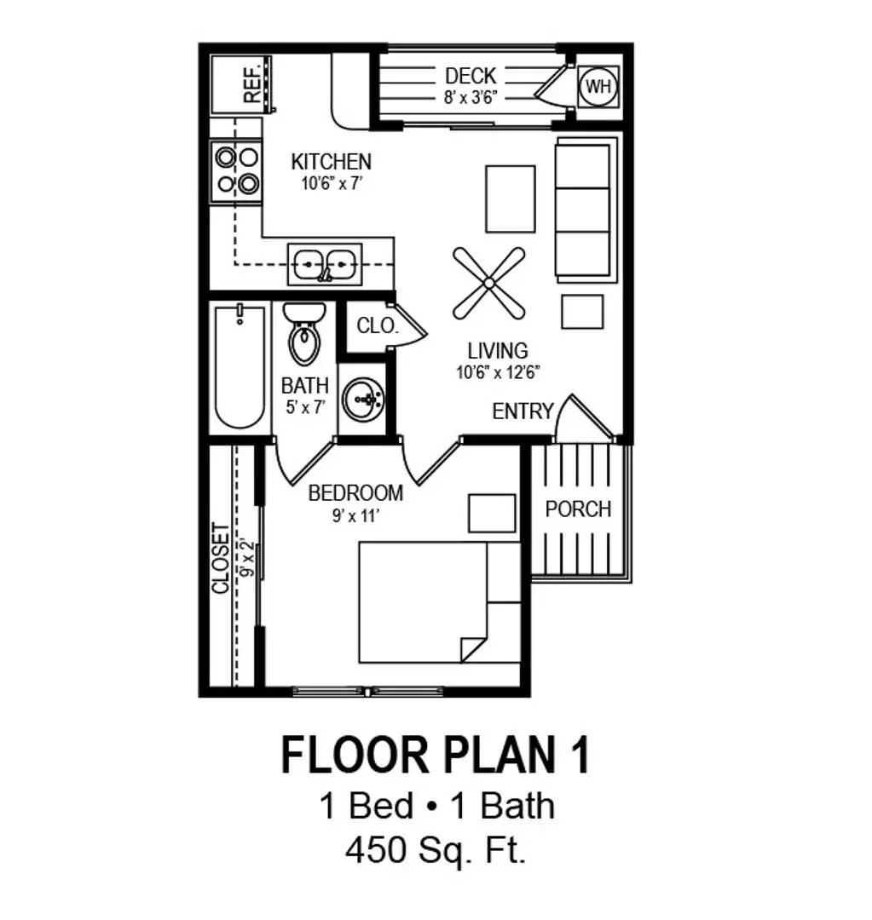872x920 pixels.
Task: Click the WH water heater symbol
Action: [x=598, y=85]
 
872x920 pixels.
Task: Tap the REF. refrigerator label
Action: [x=252, y=83]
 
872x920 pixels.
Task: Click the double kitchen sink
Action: [x=324, y=264]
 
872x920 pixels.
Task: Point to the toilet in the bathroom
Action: [x=304, y=335]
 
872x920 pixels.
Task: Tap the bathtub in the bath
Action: [x=240, y=367]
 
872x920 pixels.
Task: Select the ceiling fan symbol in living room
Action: [x=488, y=283]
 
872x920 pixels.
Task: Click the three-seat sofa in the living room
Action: [x=583, y=210]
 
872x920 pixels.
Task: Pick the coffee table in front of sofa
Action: [x=511, y=198]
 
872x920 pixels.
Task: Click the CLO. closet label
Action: [x=376, y=325]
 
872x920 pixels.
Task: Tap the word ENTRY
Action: [x=523, y=411]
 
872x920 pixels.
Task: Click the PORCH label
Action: [x=579, y=509]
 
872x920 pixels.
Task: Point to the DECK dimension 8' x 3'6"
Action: [x=471, y=97]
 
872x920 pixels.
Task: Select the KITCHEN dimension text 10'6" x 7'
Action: [x=332, y=181]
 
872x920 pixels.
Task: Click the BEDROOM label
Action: [x=355, y=492]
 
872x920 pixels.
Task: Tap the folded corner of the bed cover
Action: [x=473, y=647]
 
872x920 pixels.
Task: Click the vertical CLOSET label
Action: [x=221, y=558]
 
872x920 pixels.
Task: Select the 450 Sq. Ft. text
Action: [x=436, y=849]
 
